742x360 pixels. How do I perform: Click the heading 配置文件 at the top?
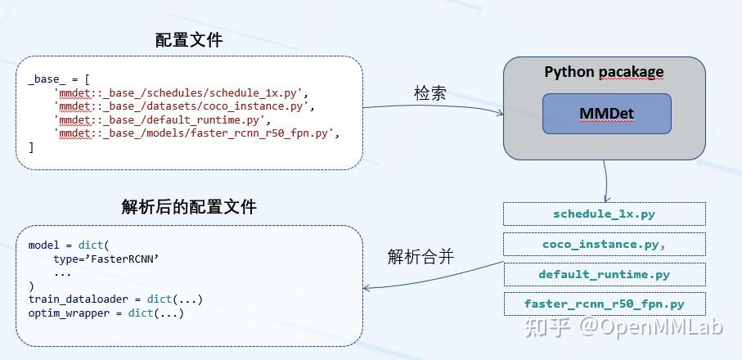point(188,40)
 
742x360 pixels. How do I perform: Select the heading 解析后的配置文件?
point(188,207)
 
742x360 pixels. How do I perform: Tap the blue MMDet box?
point(606,114)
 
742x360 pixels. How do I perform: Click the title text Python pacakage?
point(604,72)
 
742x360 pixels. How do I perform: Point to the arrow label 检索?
point(430,93)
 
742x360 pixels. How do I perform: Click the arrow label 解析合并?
point(420,257)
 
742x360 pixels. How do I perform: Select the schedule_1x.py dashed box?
point(604,214)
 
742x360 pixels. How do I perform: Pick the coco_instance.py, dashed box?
point(604,244)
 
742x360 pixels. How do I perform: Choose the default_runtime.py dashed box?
point(604,274)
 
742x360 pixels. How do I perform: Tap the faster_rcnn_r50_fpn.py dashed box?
point(604,304)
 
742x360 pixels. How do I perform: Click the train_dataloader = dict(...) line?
point(115,299)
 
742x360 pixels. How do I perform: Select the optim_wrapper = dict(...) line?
point(106,313)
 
